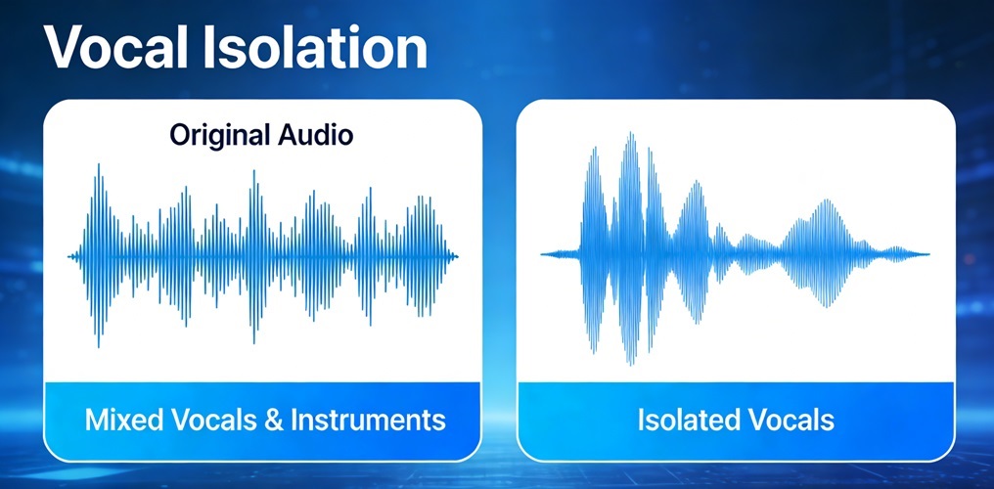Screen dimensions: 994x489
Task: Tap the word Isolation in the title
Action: pos(315,49)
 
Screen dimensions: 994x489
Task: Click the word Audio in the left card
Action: pos(312,135)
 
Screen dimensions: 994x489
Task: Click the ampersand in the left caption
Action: pos(273,422)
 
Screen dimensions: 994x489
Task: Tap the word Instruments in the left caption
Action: pos(368,421)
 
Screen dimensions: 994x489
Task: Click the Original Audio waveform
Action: pos(262,256)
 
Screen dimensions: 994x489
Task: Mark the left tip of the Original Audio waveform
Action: pos(68,256)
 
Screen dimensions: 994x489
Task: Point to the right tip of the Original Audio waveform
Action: pos(458,256)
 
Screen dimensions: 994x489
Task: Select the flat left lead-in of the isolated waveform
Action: pos(560,254)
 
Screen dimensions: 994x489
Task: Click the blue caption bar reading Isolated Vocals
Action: pos(736,421)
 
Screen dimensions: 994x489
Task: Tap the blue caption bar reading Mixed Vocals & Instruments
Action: pos(262,421)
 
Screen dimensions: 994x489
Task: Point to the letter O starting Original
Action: pos(178,136)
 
